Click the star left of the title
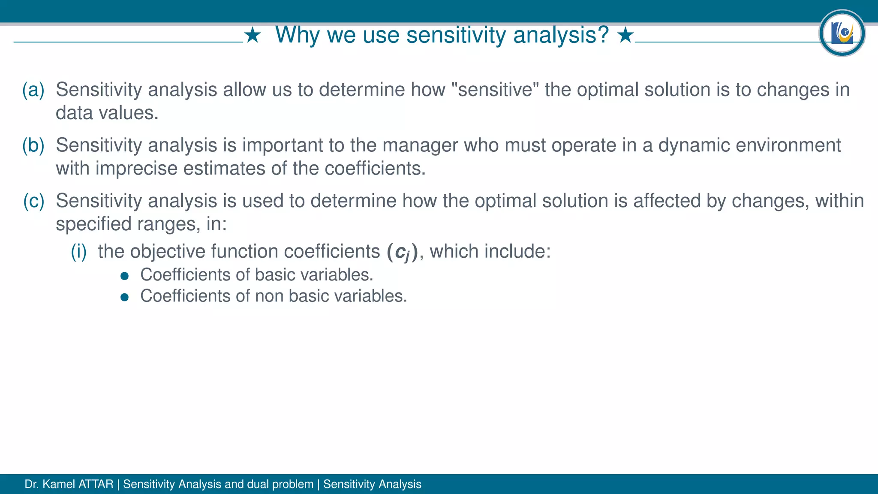253,35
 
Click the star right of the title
625,35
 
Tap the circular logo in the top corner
842,33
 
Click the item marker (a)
33,90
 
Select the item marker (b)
33,145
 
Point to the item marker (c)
33,201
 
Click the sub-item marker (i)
79,251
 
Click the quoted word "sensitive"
495,90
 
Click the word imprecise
136,169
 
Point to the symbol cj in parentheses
402,252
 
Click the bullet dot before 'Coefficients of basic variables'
125,276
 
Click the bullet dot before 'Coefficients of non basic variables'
125,297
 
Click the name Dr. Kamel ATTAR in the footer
69,484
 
